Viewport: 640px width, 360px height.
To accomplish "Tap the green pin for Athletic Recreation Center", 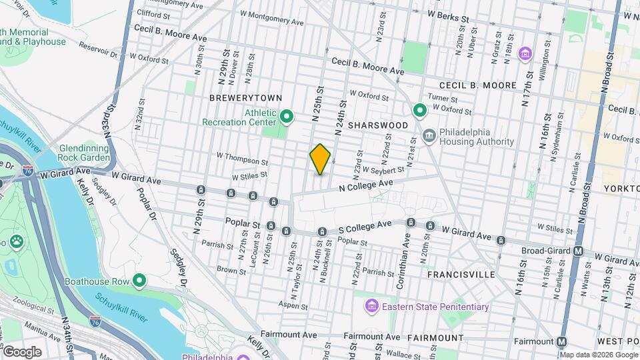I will pos(287,117).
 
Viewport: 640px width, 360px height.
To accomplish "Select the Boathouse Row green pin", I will pos(139,281).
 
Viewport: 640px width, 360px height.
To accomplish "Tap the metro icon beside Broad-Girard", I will pos(579,251).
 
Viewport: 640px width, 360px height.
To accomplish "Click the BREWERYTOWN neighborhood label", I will pos(241,98).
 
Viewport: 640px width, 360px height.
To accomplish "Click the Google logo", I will pos(22,351).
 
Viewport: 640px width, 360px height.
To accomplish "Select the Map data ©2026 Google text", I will pos(599,354).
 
